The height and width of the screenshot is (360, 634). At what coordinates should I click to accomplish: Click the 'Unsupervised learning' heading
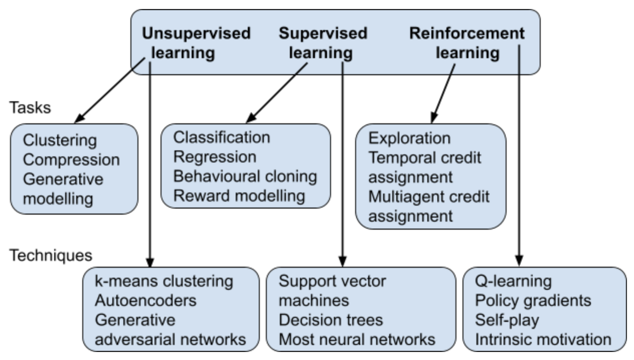[196, 43]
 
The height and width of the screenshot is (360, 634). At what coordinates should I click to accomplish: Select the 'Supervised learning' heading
[323, 43]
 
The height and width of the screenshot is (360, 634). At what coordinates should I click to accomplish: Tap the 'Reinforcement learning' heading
[467, 43]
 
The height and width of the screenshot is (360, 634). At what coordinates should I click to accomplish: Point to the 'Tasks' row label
[30, 108]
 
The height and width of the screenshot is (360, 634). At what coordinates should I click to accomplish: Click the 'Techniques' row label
[51, 256]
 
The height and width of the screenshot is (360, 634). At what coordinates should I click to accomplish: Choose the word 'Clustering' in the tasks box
[60, 141]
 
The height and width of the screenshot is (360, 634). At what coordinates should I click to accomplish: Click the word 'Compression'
[71, 160]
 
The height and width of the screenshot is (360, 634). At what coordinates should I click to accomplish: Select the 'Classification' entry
[222, 138]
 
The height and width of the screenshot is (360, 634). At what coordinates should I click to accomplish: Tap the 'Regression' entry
[215, 157]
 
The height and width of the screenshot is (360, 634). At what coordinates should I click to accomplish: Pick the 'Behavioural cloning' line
[245, 176]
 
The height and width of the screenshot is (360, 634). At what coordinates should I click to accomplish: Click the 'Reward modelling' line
[239, 196]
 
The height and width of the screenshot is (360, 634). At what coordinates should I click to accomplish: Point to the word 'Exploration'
[409, 139]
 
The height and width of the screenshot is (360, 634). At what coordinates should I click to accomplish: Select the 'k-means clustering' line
[164, 282]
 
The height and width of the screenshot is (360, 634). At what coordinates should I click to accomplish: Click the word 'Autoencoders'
[145, 300]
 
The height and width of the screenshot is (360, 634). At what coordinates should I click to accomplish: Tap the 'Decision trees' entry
[331, 320]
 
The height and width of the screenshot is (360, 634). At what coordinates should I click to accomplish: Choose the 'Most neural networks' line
[357, 339]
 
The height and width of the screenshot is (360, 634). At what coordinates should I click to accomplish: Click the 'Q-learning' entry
[514, 282]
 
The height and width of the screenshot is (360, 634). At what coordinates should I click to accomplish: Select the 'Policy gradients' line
[533, 301]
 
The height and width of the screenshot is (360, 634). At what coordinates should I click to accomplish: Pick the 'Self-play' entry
[507, 320]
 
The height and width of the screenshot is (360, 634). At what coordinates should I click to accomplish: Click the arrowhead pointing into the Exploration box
[433, 118]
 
